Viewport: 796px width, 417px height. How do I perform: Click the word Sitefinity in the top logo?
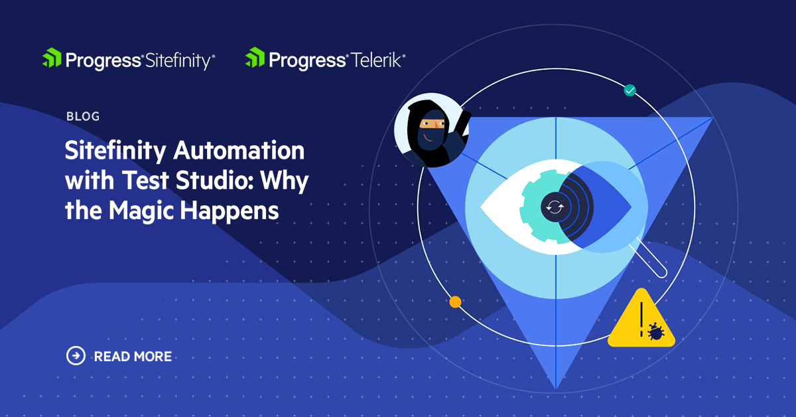click(177, 60)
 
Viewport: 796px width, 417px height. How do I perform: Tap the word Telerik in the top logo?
click(376, 60)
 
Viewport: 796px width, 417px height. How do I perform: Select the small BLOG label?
click(83, 117)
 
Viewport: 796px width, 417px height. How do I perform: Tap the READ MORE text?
click(133, 357)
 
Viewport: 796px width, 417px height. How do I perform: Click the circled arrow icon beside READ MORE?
click(76, 356)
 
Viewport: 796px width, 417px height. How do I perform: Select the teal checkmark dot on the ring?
click(630, 90)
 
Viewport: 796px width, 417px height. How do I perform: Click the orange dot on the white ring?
click(455, 302)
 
